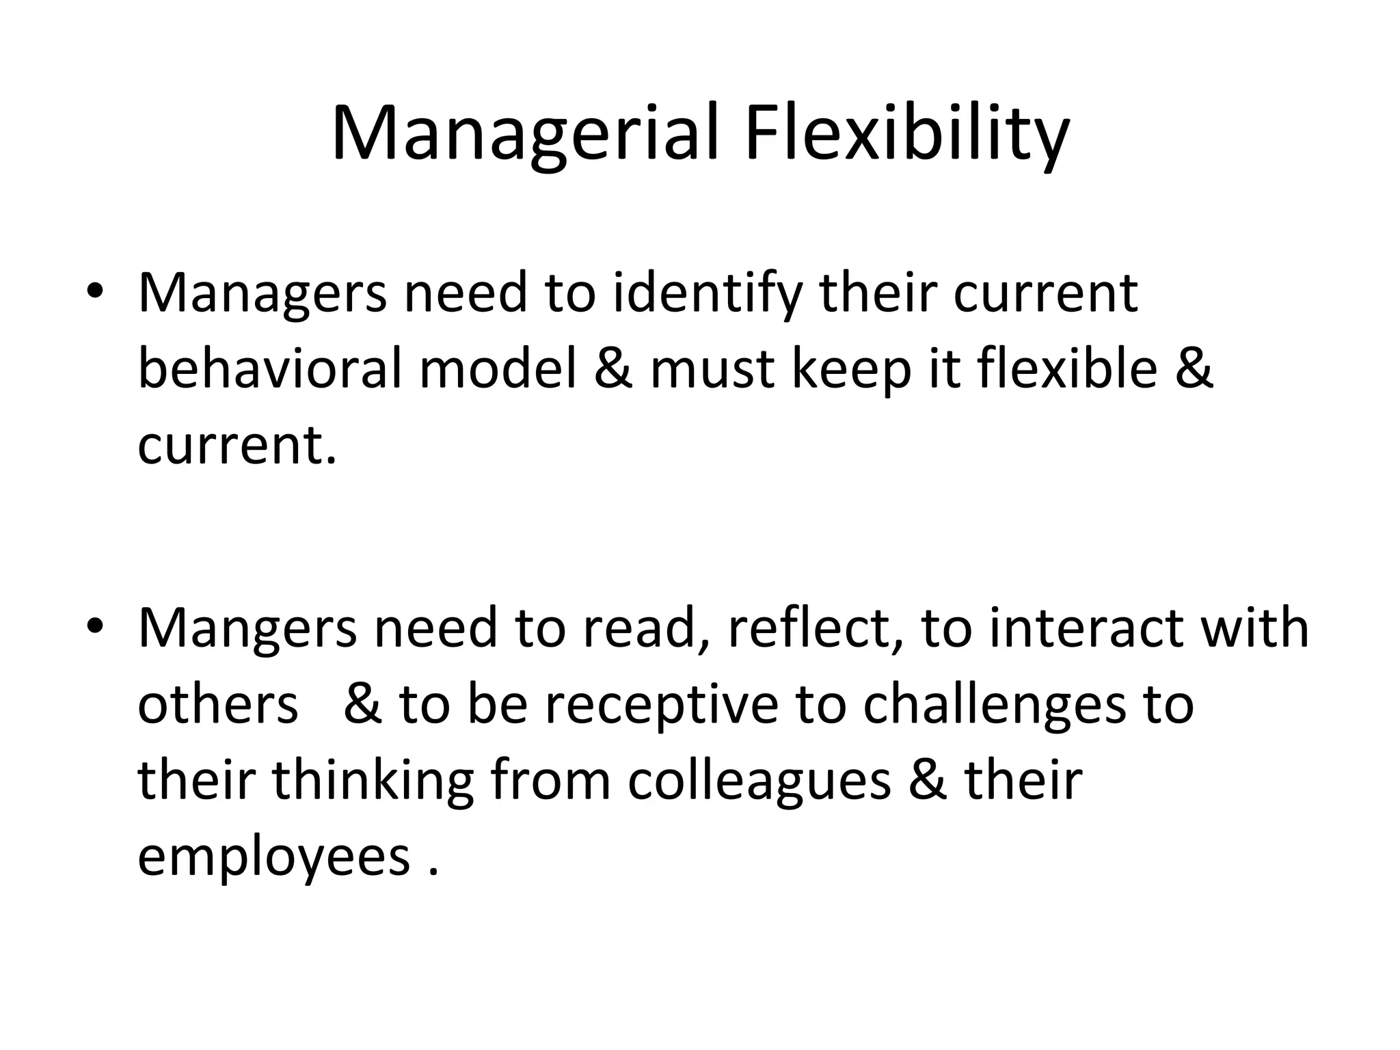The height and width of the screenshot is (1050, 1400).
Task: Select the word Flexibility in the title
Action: (x=906, y=134)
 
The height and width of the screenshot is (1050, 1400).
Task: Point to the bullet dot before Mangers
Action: (x=95, y=625)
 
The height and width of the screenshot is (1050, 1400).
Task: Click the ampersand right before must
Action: (x=613, y=369)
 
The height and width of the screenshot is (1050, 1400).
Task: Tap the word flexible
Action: (x=1067, y=369)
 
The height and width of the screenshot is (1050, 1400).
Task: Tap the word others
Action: (x=218, y=704)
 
